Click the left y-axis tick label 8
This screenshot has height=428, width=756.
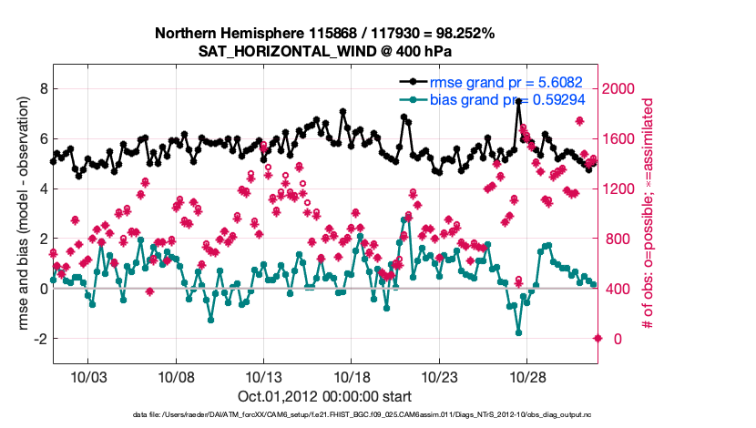[43, 89]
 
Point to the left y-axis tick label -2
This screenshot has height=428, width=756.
[40, 339]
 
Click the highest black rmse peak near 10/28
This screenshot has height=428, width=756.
[518, 102]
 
